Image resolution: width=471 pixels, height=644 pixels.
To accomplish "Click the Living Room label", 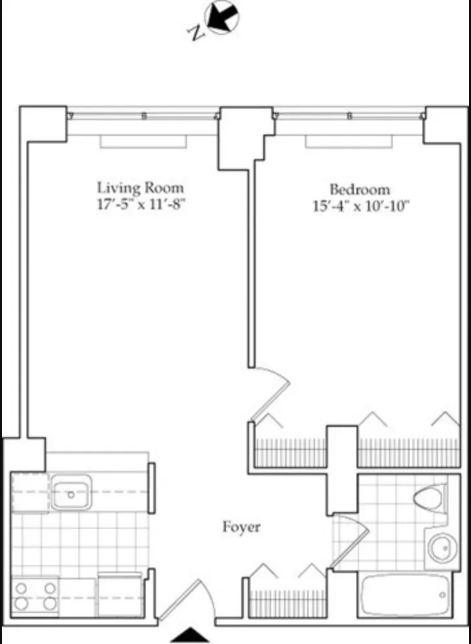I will [x=140, y=188].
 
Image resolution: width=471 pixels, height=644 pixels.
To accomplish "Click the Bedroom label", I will [x=360, y=189].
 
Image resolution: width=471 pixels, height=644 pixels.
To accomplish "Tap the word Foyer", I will [x=241, y=527].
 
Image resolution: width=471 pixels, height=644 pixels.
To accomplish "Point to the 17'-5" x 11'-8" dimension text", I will [x=140, y=206].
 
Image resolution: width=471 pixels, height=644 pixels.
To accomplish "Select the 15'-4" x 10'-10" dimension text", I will [x=360, y=207].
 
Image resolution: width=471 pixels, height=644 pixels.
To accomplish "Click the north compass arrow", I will [x=222, y=17].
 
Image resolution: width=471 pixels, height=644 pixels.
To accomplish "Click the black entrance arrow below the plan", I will [x=191, y=635].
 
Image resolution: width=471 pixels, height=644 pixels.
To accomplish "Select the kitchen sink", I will [x=71, y=494].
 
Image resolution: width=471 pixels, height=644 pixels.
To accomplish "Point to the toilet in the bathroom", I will [x=428, y=499].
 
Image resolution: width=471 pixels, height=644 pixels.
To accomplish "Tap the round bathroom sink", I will [x=442, y=548].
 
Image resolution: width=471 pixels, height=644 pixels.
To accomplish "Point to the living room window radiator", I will [x=143, y=141].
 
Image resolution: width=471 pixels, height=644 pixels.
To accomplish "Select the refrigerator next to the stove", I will [x=119, y=594].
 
